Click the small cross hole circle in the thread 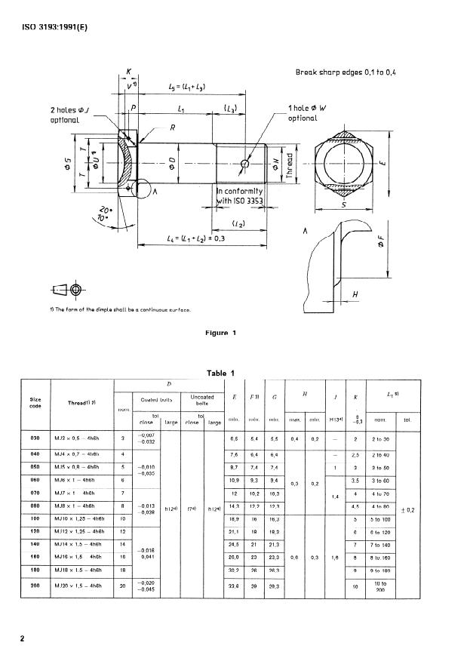244,164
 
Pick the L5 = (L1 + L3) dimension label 188,88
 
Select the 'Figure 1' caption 221,332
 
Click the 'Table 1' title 221,372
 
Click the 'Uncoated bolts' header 202,400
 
